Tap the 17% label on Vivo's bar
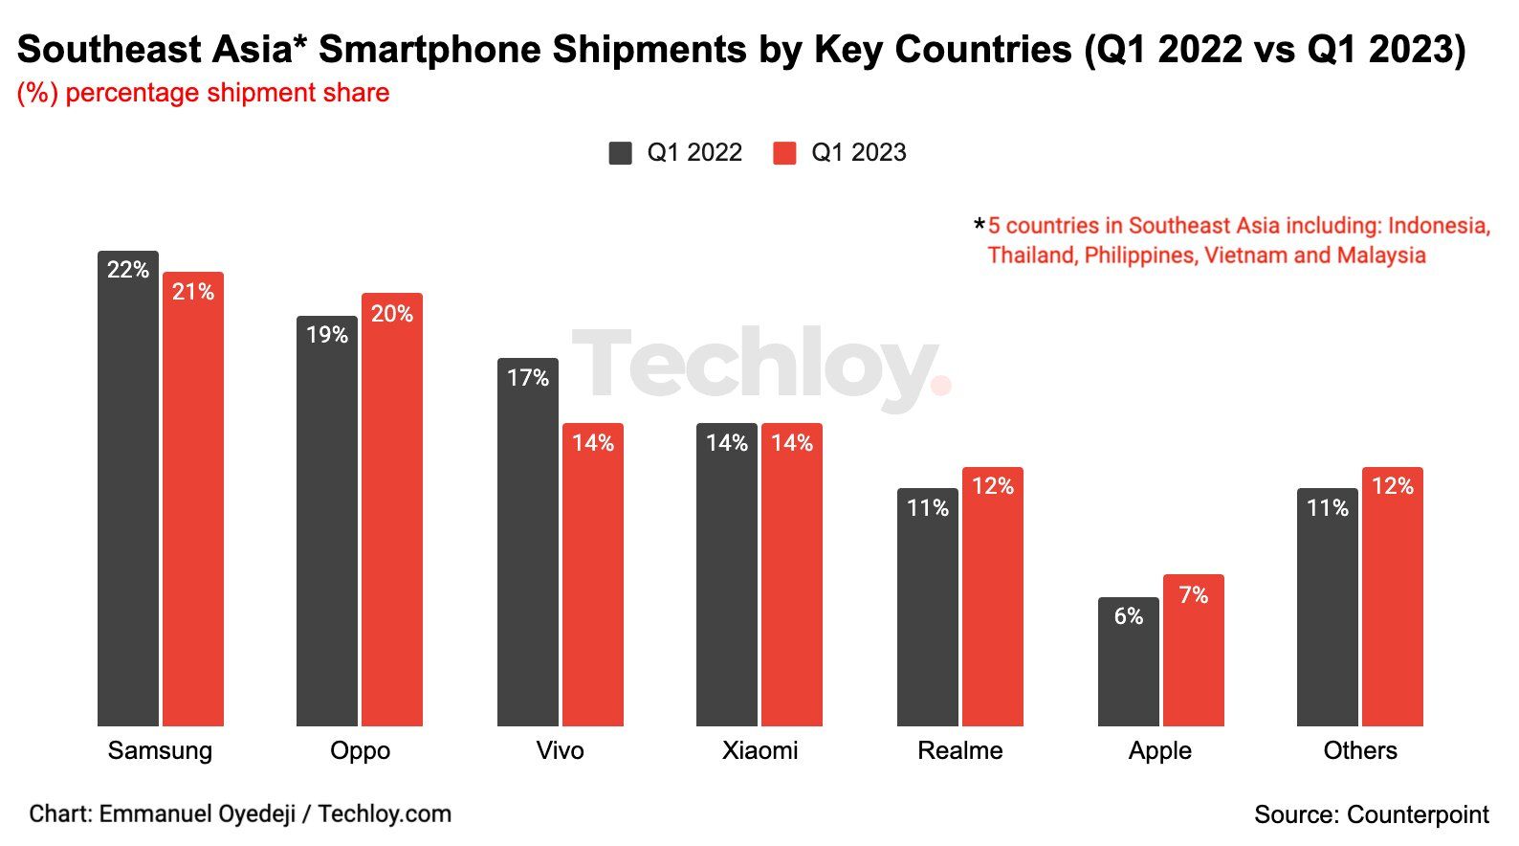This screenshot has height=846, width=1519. coord(528,378)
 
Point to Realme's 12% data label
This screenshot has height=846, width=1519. coord(993,486)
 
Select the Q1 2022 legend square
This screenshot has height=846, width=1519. coord(620,153)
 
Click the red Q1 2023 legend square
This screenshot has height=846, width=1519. coord(784,153)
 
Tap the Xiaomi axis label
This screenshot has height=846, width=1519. coord(759,750)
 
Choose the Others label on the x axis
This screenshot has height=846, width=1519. coord(1359,750)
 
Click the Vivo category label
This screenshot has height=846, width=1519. coord(560,750)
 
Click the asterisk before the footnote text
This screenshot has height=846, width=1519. coord(979,226)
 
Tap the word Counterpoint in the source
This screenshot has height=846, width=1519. coord(1418,814)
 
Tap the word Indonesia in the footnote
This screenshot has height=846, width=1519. coord(1438,226)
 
